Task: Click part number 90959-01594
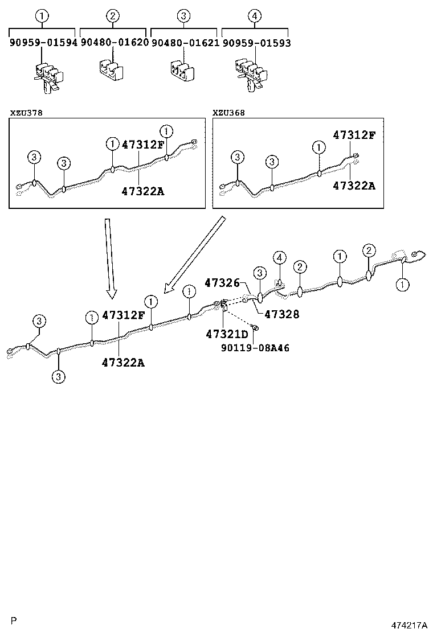click(x=43, y=42)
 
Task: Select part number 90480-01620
click(x=114, y=42)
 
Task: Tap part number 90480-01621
click(x=185, y=42)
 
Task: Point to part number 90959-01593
click(x=256, y=42)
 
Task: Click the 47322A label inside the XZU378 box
click(x=142, y=191)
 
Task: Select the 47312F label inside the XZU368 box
click(x=354, y=135)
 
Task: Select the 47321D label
click(x=227, y=334)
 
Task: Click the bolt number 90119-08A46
click(x=255, y=347)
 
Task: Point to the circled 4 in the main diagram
click(x=279, y=258)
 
